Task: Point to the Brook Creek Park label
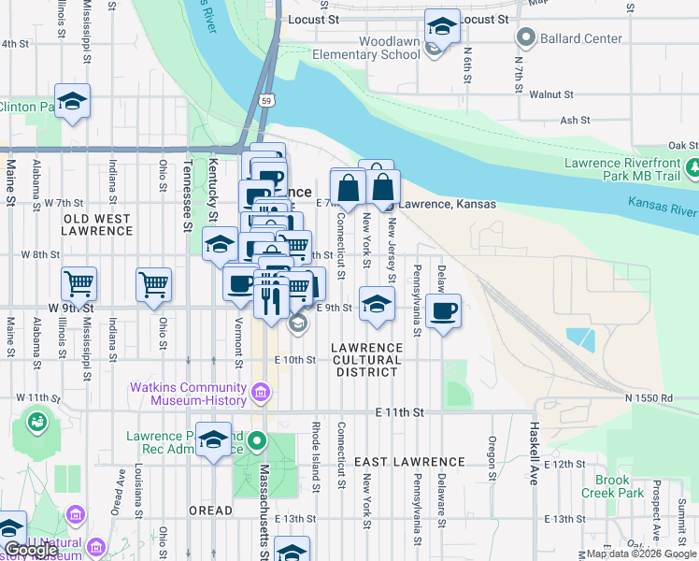(613, 486)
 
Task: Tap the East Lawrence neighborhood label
(409, 462)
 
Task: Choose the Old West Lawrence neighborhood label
(97, 225)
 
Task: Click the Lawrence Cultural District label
(367, 359)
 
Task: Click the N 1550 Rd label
(649, 398)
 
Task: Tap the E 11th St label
(400, 412)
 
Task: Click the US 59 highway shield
(266, 99)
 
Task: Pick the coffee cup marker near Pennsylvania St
(443, 310)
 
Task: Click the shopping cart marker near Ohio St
(154, 284)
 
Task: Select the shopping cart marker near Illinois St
(78, 284)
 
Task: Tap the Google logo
(30, 551)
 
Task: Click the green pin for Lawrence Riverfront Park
(693, 168)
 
